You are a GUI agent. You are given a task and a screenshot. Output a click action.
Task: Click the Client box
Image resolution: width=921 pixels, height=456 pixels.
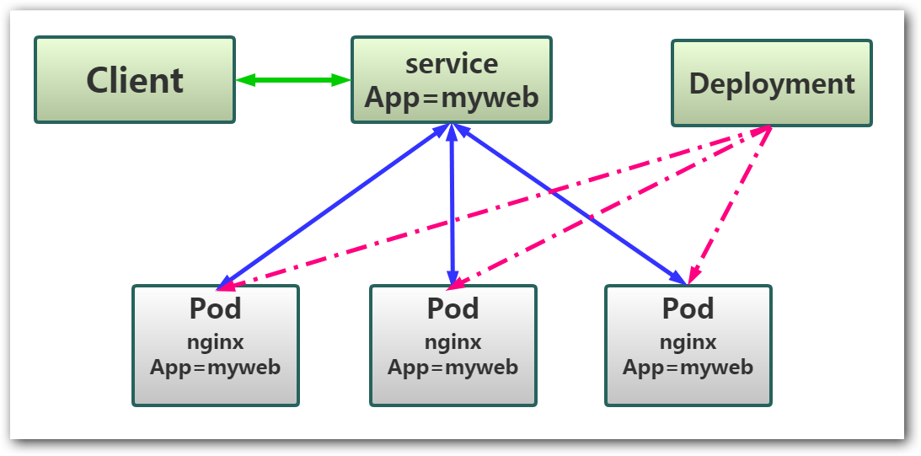135,80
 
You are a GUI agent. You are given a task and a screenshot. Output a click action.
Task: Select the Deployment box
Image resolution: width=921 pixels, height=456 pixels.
771,83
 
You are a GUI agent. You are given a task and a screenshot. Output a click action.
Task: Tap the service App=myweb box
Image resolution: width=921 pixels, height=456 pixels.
451,80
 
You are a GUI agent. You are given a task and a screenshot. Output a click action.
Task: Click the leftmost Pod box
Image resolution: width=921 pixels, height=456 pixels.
216,345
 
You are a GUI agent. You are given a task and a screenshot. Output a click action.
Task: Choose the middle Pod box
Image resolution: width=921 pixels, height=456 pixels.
452,345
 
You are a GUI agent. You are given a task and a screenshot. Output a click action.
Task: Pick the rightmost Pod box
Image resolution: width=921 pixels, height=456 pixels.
688,345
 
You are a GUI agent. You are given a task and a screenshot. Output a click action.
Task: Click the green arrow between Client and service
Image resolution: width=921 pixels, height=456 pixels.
293,80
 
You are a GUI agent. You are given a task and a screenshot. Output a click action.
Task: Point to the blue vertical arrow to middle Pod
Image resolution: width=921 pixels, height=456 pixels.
452,207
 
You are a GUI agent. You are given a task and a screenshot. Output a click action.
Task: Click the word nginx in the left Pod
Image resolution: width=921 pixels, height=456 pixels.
216,342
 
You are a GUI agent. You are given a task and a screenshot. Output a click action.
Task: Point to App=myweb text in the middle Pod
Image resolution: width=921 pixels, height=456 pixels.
452,367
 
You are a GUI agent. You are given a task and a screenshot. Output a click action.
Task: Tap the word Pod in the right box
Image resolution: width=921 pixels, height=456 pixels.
688,308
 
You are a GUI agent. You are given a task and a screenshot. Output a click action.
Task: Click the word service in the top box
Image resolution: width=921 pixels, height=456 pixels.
452,64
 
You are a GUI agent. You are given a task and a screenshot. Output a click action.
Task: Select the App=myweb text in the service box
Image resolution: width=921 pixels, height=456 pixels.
452,97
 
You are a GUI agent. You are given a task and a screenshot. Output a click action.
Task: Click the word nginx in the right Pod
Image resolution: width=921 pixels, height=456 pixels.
688,342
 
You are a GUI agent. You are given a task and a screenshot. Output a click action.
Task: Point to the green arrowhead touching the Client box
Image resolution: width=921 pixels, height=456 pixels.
245,80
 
